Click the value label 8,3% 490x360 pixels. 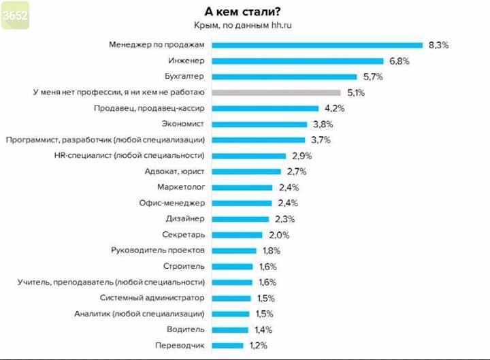point(439,45)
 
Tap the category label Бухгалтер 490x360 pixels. point(184,77)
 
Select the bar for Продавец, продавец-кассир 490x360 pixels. point(265,108)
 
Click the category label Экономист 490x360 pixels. point(184,124)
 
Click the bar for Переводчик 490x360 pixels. point(227,345)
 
